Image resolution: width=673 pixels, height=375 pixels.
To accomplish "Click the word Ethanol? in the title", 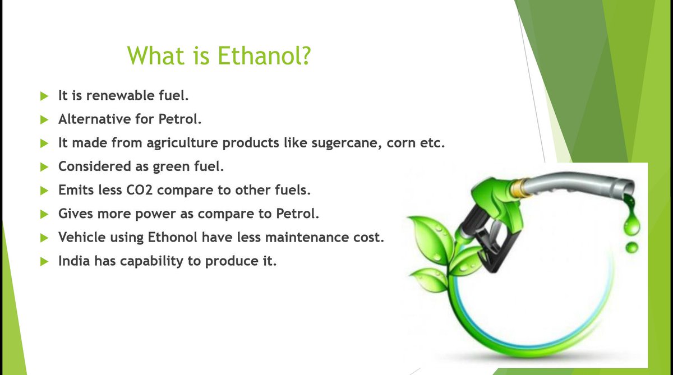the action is [x=264, y=56].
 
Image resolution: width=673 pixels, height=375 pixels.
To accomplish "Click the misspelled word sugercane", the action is [x=347, y=143].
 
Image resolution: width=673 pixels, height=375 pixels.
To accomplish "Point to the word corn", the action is [x=401, y=143].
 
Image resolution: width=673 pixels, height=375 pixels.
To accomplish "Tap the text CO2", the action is [x=140, y=190].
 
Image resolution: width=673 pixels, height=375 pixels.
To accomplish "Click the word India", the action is [x=74, y=261].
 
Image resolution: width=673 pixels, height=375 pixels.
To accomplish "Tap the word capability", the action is [x=152, y=261].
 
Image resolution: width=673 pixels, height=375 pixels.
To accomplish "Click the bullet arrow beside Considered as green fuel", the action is [x=44, y=167].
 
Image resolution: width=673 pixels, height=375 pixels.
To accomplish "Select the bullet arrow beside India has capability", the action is [x=44, y=262].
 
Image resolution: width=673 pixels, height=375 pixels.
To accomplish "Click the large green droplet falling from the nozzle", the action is [x=631, y=222].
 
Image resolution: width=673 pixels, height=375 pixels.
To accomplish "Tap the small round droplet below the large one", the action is [x=631, y=248].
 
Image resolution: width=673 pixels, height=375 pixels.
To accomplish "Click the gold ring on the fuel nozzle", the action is [x=519, y=188].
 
